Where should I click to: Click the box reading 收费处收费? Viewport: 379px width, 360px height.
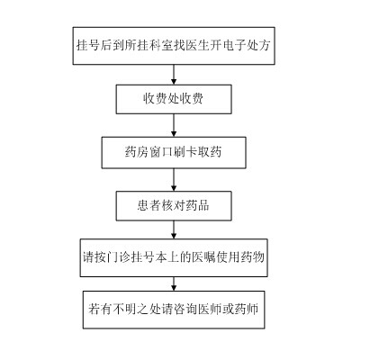pos(174,99)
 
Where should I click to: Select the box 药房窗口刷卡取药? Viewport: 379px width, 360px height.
pos(174,153)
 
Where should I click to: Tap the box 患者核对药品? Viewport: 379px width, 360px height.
pos(174,206)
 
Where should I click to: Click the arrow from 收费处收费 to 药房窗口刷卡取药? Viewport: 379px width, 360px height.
pos(174,125)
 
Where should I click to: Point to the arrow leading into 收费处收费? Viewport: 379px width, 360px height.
pos(174,75)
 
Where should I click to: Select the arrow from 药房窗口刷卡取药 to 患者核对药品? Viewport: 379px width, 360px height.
pos(174,180)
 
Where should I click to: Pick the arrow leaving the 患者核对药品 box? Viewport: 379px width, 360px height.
pos(174,229)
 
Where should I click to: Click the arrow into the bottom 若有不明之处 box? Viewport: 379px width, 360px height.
pos(174,283)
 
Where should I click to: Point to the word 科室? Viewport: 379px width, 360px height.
pos(161,45)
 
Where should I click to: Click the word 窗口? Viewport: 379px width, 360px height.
pos(161,152)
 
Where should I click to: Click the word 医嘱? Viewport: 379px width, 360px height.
pos(204,257)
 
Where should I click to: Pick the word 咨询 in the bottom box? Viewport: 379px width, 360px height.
pos(185,309)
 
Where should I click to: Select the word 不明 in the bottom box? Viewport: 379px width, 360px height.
pos(125,309)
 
